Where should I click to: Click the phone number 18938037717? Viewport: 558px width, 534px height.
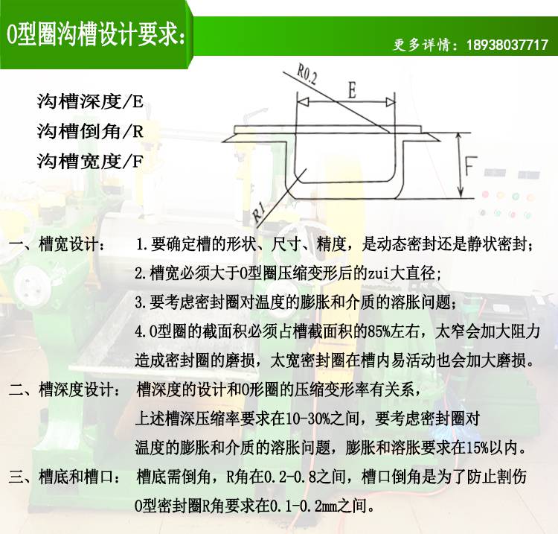pyautogui.click(x=507, y=45)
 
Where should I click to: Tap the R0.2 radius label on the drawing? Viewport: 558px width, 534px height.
pyautogui.click(x=307, y=75)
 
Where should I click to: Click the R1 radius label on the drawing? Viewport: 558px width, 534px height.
pyautogui.click(x=259, y=212)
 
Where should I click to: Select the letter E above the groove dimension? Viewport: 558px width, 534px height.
pyautogui.click(x=352, y=90)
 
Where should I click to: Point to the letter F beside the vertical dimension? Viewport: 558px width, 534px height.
pyautogui.click(x=470, y=166)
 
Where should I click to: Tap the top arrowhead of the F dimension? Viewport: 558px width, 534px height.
pyautogui.click(x=459, y=138)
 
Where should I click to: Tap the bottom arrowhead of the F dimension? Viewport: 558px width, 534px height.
pyautogui.click(x=460, y=192)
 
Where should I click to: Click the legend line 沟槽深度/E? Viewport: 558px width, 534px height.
pyautogui.click(x=90, y=101)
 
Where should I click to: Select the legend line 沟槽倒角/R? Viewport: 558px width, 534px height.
pyautogui.click(x=90, y=131)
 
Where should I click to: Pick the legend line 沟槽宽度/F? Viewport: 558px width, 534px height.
pyautogui.click(x=90, y=162)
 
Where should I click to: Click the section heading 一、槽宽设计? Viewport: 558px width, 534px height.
pyautogui.click(x=57, y=244)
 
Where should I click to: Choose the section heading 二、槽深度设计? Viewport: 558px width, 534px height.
pyautogui.click(x=65, y=390)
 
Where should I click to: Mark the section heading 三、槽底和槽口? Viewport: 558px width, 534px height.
pyautogui.click(x=65, y=477)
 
